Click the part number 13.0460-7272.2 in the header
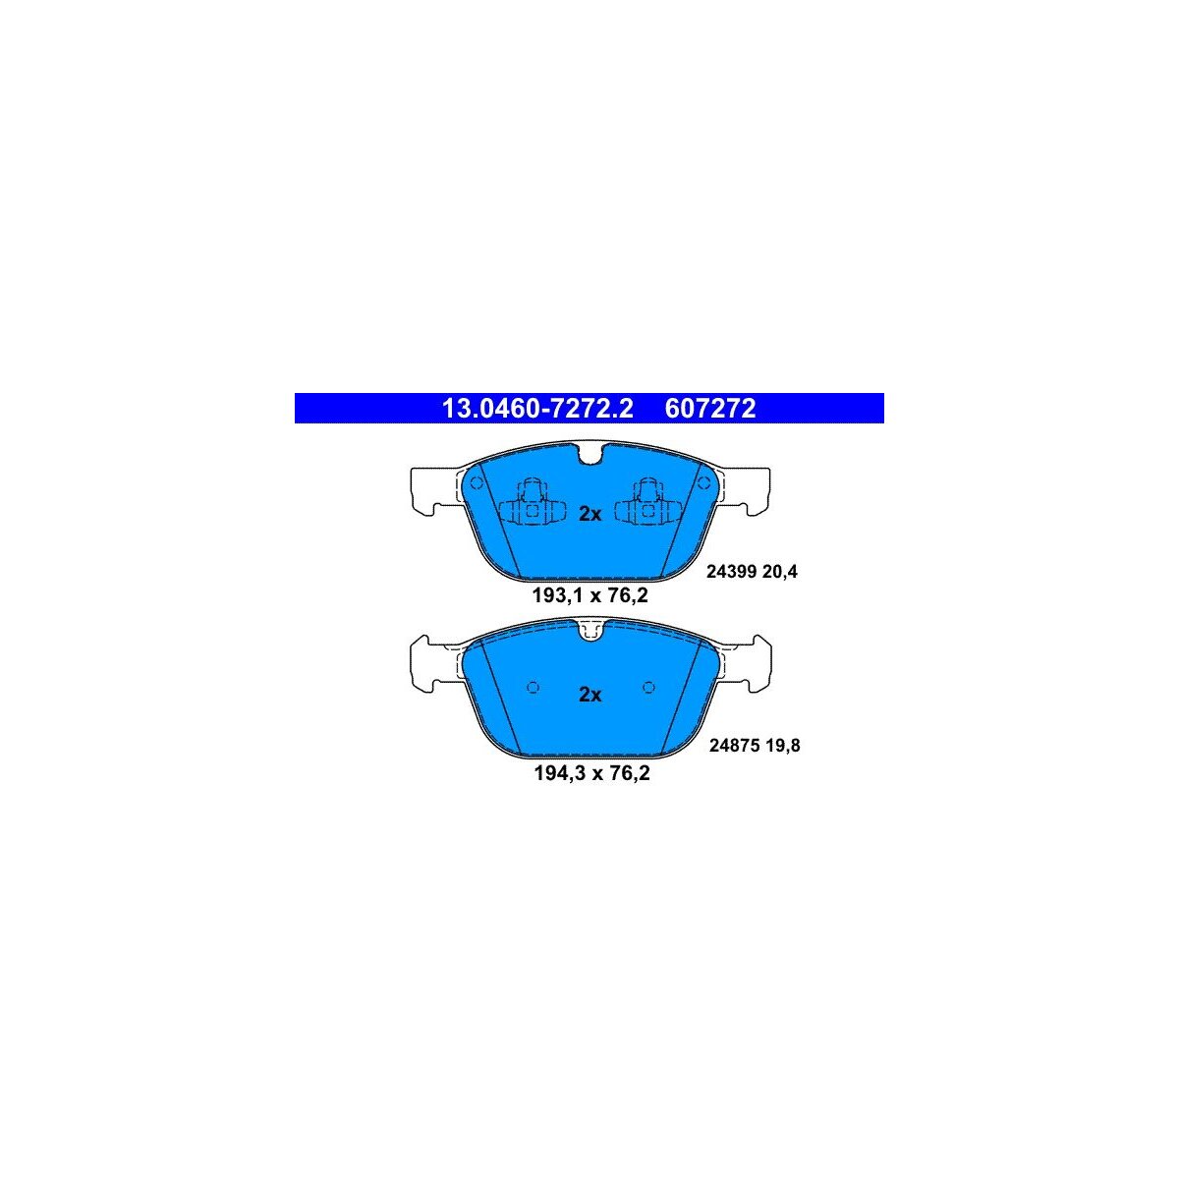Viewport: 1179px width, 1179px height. point(537,408)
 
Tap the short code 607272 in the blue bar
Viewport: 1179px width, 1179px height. point(709,408)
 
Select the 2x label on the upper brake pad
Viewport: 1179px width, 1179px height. point(589,515)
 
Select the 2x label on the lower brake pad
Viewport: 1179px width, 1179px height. point(589,695)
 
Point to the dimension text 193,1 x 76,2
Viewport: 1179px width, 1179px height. point(589,595)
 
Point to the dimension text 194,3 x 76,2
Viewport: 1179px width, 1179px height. point(591,773)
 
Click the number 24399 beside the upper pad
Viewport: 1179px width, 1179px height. point(732,572)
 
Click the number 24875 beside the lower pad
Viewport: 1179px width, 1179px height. point(734,745)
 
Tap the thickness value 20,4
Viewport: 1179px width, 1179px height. point(780,572)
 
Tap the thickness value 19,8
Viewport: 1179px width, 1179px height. point(782,745)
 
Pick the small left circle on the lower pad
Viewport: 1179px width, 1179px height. point(533,688)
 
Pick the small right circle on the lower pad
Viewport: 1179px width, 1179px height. point(648,688)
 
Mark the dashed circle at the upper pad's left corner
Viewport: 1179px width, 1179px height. point(477,482)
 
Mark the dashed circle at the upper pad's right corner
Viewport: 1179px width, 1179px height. point(704,482)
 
